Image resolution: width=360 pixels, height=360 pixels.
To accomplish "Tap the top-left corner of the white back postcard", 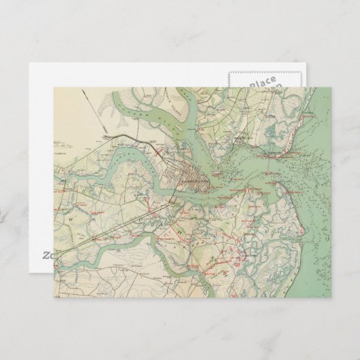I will (x=29, y=64).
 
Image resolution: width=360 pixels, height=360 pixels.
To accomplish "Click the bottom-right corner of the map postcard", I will (x=331, y=297).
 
